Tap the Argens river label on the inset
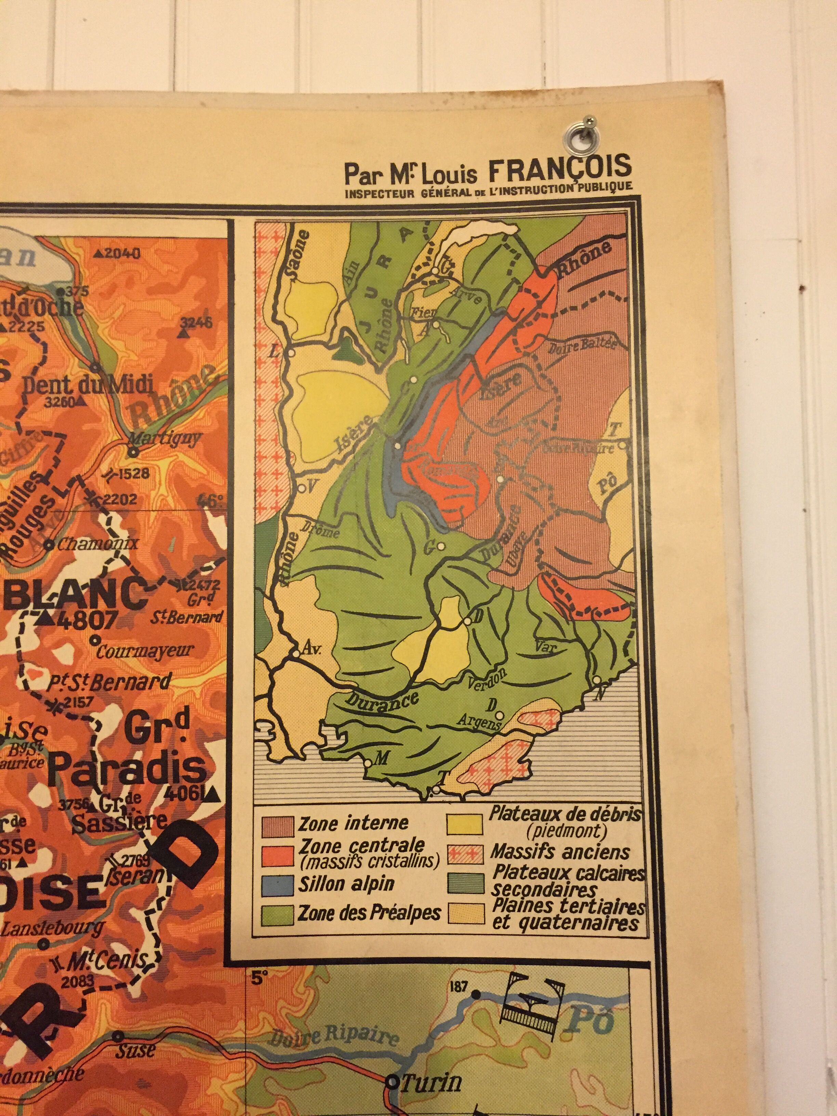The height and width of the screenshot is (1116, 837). (478, 724)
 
